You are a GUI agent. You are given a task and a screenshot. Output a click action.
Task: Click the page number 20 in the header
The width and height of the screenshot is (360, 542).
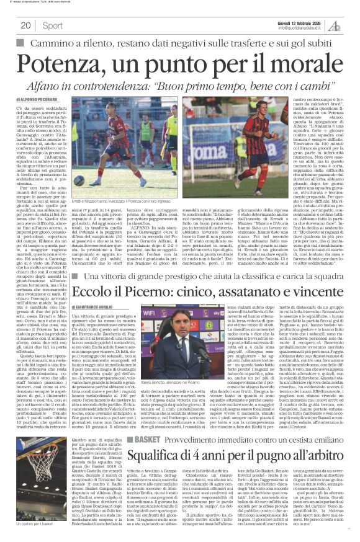point(25,25)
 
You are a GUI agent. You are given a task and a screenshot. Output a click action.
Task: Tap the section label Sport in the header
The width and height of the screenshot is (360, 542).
point(52,25)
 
